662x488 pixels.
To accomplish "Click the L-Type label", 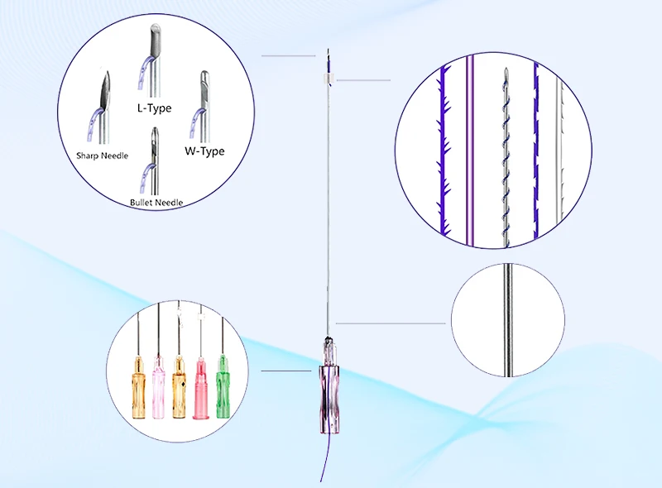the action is [x=154, y=108].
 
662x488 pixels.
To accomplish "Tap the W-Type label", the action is [x=204, y=151].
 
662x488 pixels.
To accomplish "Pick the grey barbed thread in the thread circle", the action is [x=559, y=153].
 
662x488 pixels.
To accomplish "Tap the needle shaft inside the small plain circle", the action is [x=508, y=319].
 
